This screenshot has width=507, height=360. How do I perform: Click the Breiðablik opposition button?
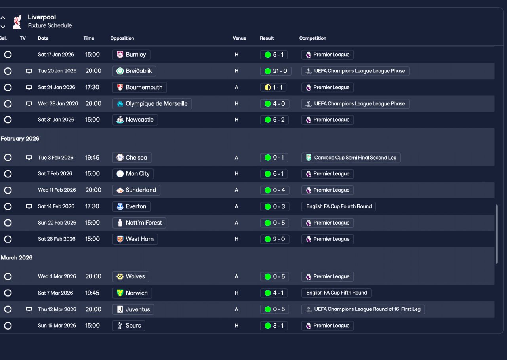[134, 71]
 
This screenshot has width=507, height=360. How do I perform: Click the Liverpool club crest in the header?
[17, 22]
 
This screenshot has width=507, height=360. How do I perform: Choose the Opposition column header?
[122, 38]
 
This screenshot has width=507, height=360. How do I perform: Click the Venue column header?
[239, 38]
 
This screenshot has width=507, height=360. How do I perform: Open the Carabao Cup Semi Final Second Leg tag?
[351, 158]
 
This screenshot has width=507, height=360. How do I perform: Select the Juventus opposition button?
[133, 309]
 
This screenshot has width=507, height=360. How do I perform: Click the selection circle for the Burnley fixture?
[8, 55]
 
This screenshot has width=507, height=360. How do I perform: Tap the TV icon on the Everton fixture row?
[29, 206]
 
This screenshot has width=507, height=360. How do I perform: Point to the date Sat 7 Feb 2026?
[55, 174]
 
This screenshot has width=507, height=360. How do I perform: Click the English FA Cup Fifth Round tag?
[336, 293]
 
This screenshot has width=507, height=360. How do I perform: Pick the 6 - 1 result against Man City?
[274, 174]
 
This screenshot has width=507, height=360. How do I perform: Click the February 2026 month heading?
[20, 139]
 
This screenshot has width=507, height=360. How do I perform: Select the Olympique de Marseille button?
[152, 104]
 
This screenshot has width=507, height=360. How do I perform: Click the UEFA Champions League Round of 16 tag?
[363, 309]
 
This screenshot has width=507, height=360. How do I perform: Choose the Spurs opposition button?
[129, 326]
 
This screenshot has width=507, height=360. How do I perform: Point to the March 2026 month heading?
[17, 258]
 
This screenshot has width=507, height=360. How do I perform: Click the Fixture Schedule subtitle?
[50, 26]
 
